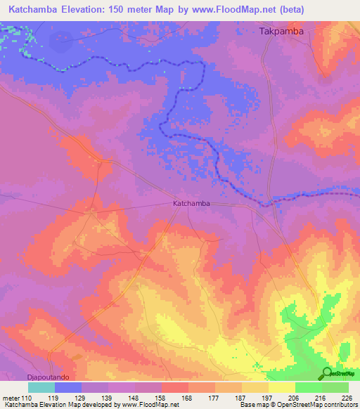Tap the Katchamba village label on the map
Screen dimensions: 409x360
pos(191,204)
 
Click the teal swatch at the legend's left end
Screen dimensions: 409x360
pos(41,387)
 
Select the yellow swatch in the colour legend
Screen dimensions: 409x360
pos(281,387)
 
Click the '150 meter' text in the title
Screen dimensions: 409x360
pos(150,11)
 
